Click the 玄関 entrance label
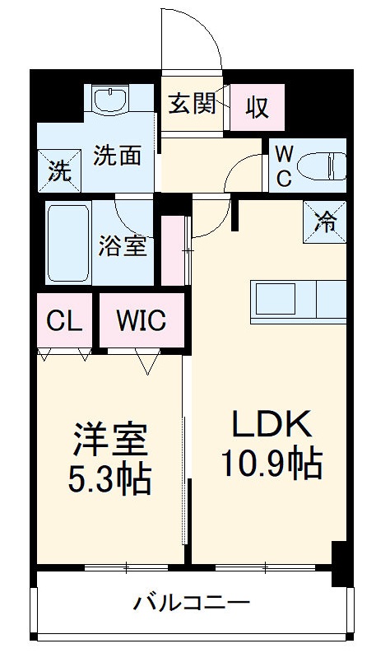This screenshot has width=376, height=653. coord(193,105)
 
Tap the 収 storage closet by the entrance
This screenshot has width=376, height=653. coord(257,107)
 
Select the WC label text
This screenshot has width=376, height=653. coord(283,167)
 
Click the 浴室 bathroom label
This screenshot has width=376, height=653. coord(124,247)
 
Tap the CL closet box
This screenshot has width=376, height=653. coord(64,320)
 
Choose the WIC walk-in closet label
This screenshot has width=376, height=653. coord(141,320)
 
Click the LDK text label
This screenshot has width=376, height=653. coord(270,426)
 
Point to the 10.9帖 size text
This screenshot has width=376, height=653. coord(270,465)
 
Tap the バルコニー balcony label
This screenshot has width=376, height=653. coord(192,604)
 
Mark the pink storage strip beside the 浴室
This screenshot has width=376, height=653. coord(173,250)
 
